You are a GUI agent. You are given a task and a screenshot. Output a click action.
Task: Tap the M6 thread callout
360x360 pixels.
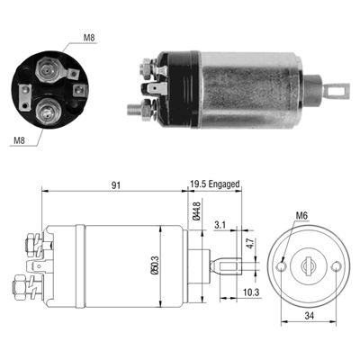(x=303, y=214)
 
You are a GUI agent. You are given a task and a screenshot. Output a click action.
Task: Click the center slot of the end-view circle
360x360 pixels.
(x=311, y=266)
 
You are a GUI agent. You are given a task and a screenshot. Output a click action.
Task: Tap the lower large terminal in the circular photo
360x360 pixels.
(x=46, y=113)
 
